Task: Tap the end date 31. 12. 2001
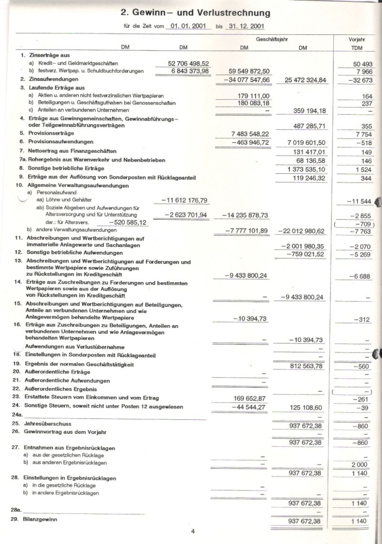pos(246,27)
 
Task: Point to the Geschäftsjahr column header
pos(274,39)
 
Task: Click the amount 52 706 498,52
pos(189,63)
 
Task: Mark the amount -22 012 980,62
pos(301,231)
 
